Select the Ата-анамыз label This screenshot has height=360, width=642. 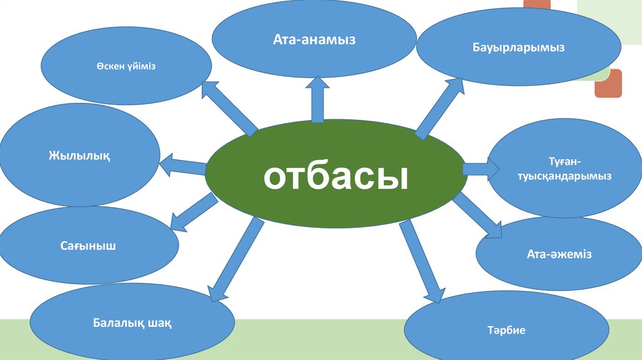click(314, 40)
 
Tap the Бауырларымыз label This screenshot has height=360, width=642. click(518, 48)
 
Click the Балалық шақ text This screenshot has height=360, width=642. click(132, 324)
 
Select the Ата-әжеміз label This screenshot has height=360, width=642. click(559, 255)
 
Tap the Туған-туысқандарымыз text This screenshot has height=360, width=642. click(564, 171)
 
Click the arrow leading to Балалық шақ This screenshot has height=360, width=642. click(235, 258)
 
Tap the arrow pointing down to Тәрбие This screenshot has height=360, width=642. click(420, 260)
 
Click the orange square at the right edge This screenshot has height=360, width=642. click(608, 83)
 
